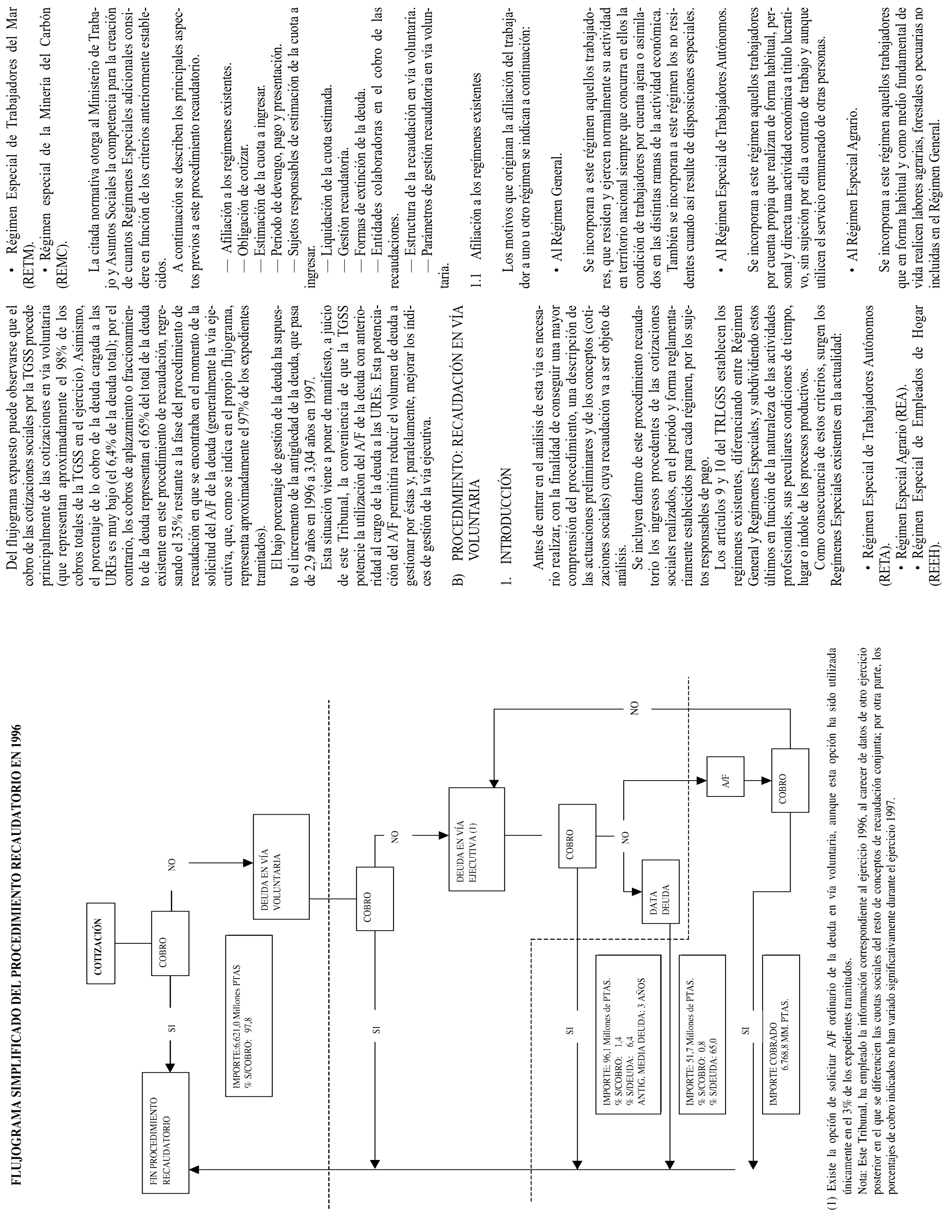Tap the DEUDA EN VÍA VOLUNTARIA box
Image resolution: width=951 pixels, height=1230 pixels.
(281, 866)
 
